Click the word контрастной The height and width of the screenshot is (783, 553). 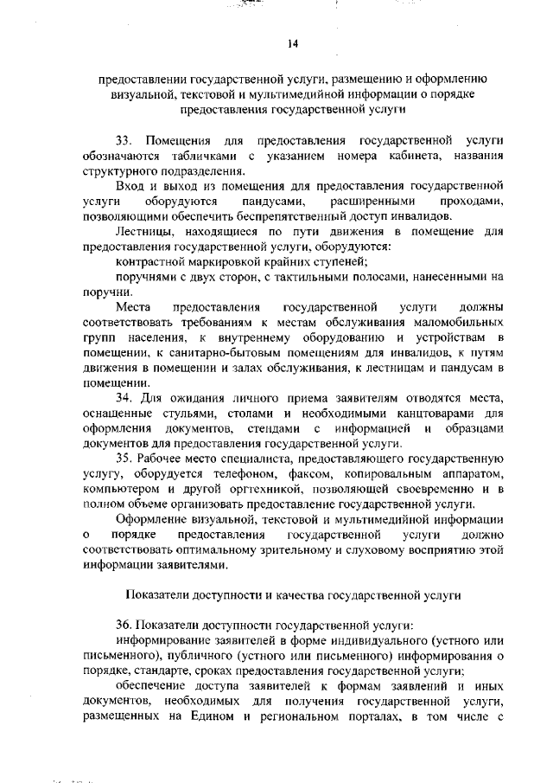coord(149,262)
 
